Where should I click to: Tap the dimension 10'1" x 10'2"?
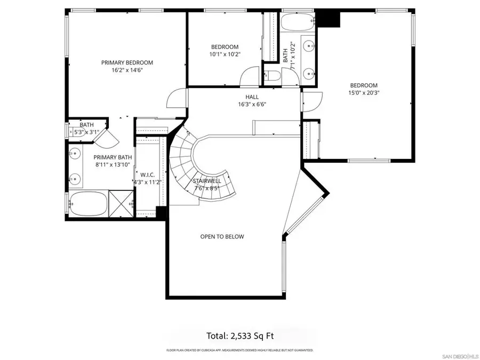click(x=225, y=54)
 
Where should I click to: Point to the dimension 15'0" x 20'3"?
click(x=364, y=93)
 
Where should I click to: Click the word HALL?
click(x=252, y=97)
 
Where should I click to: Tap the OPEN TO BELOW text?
click(x=222, y=236)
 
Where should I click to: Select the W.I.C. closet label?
click(x=147, y=174)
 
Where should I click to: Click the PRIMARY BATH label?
click(x=113, y=157)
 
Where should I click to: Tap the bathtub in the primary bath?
click(x=87, y=204)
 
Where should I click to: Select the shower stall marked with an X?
click(x=121, y=203)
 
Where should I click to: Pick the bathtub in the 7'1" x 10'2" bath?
click(x=298, y=23)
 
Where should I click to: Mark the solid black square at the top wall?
click(x=330, y=19)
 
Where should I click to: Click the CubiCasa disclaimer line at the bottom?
click(x=239, y=350)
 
